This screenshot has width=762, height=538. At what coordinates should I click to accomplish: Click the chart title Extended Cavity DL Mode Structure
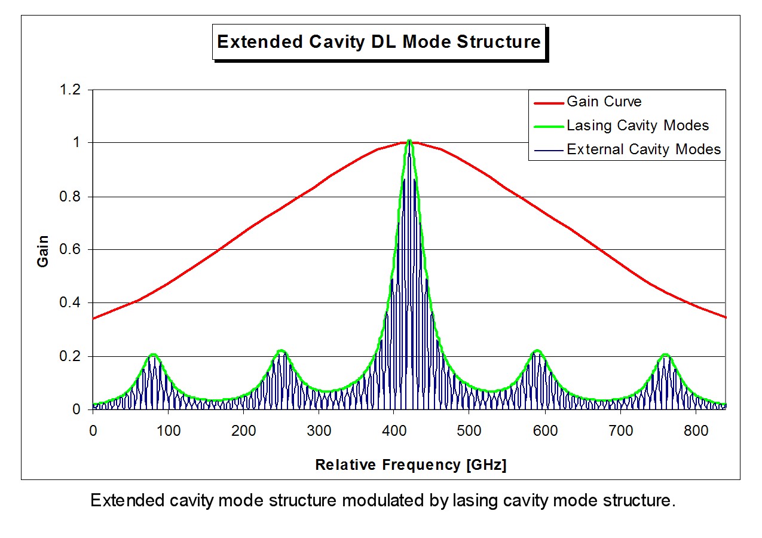[379, 42]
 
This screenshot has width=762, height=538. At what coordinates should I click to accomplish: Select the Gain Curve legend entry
[604, 102]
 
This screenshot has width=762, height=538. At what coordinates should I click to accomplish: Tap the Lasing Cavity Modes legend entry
[637, 126]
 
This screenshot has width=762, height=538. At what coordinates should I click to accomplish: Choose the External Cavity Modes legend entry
[644, 149]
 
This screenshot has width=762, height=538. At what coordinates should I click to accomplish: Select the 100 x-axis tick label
[168, 430]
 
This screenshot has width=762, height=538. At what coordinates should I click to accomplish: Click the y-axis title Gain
[43, 250]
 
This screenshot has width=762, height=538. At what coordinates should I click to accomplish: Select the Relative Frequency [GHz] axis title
[411, 465]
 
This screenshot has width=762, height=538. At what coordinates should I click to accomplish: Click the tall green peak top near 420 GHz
[409, 141]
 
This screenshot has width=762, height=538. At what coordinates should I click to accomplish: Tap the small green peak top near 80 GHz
[153, 354]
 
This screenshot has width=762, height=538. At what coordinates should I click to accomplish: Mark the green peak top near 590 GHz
[537, 351]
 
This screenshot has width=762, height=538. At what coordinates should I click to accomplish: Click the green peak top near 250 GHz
[281, 351]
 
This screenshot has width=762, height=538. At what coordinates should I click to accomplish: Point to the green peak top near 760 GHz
[665, 354]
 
